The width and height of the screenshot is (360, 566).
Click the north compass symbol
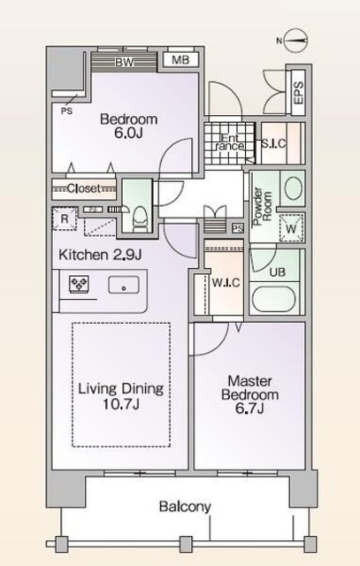(x=297, y=39)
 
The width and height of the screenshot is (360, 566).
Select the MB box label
(x=180, y=60)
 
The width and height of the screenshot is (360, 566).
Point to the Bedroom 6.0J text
(x=128, y=126)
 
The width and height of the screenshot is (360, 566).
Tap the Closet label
(x=84, y=188)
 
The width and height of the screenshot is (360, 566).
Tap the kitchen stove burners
(x=78, y=285)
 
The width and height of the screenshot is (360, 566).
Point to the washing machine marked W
(x=289, y=227)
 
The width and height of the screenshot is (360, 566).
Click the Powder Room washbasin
(x=291, y=187)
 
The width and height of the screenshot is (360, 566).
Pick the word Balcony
(x=185, y=507)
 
